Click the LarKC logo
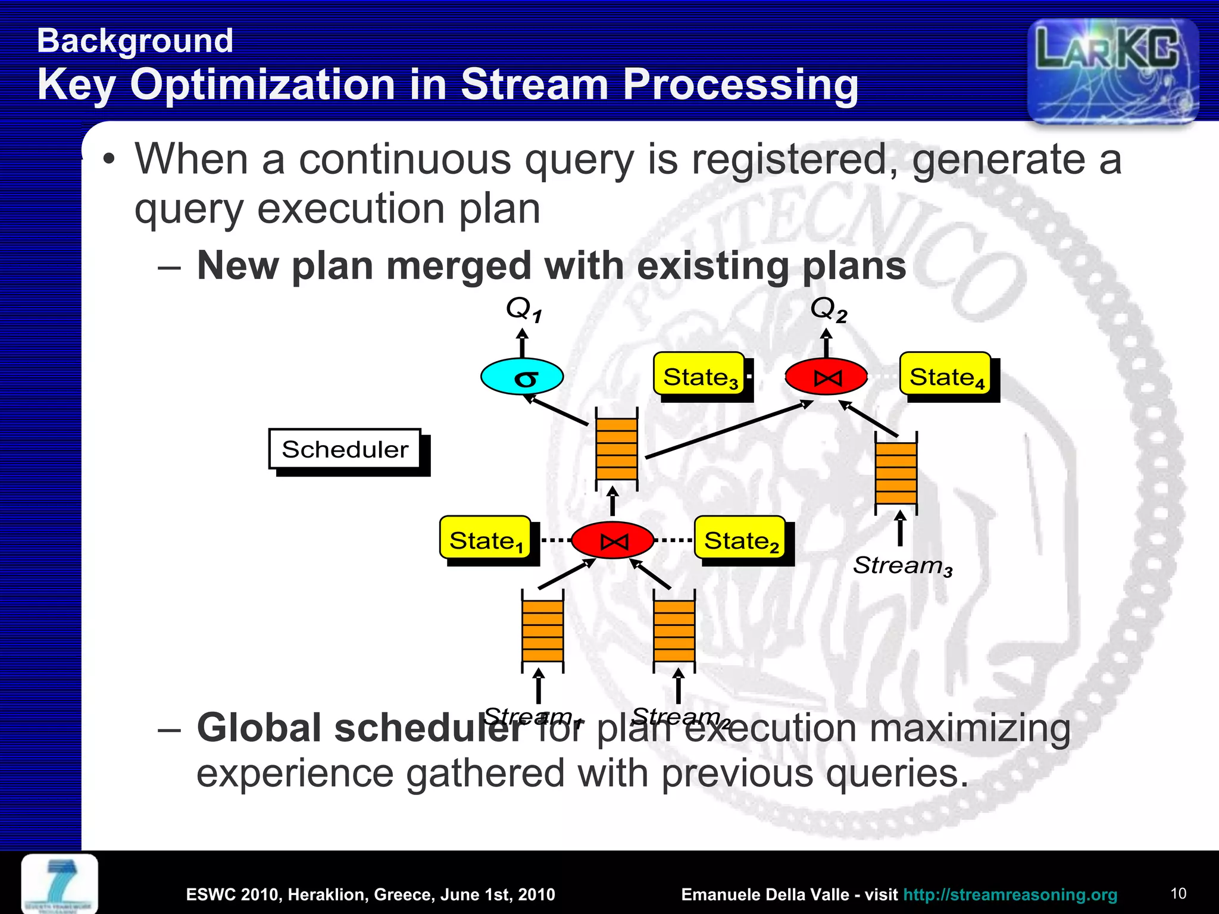(1112, 70)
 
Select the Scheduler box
(345, 449)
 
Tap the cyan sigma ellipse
(522, 377)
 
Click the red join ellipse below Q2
(826, 377)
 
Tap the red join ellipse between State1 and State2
(613, 540)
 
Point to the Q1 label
(523, 309)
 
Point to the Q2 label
(828, 310)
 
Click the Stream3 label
(902, 566)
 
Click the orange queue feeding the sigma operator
(617, 449)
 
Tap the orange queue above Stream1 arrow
(542, 631)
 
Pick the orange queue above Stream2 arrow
(674, 631)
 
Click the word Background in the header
(135, 41)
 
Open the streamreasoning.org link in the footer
(1009, 894)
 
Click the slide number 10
(1178, 893)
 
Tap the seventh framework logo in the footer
(60, 884)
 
